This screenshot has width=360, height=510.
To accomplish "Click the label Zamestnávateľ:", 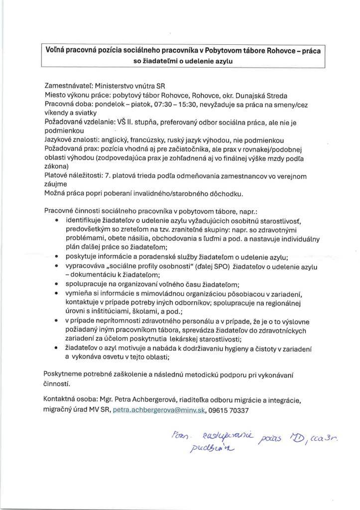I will coord(69,86).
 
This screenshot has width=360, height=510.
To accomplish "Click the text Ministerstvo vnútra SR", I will coord(133,86).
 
